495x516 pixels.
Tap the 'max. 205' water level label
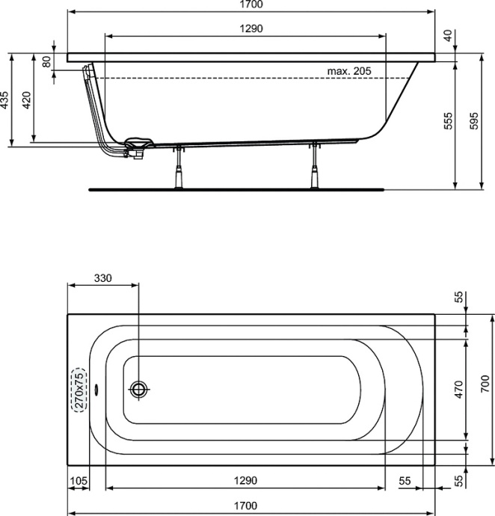tap(349, 70)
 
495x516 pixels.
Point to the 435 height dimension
tap(4, 100)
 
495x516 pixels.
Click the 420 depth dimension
tap(27, 100)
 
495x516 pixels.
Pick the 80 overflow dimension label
tap(46, 62)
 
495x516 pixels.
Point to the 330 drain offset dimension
tap(103, 277)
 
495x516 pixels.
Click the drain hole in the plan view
tap(139, 389)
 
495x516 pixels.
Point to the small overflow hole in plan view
tap(95, 390)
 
